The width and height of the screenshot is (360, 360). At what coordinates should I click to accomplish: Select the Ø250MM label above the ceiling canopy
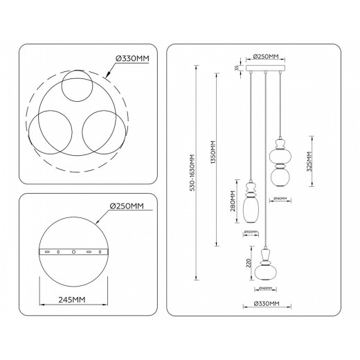coord(266,57)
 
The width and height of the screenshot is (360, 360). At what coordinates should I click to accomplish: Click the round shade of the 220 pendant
coord(266,271)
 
